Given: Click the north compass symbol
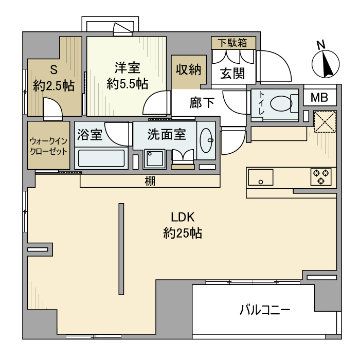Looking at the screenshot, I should point(326,64).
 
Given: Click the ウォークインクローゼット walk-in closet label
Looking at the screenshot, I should point(48,145).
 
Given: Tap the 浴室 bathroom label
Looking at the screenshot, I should point(90,135).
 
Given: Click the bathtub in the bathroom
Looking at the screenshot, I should point(101,158).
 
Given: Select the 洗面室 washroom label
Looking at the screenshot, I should point(166,135).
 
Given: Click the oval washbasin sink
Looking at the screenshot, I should point(208,140).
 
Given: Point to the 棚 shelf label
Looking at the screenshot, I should point(150,181).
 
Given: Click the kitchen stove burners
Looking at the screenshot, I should point(321,177).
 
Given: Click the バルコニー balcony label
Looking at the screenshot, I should point(265,310).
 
